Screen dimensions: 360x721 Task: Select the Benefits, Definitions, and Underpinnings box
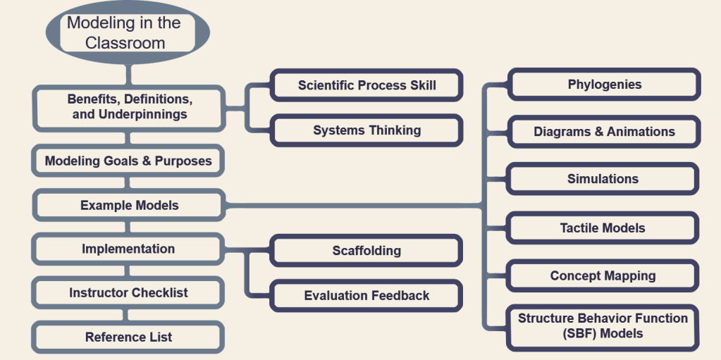point(129,106)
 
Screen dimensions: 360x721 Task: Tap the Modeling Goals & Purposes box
point(128,161)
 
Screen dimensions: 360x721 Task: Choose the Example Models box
point(129,206)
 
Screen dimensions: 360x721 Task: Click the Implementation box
point(128,249)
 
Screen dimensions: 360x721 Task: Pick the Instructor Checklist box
point(128,292)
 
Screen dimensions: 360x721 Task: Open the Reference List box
point(128,337)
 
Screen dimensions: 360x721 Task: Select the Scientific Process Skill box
point(366,85)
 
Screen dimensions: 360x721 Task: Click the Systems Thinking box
point(366,130)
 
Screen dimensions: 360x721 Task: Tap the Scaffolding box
point(366,251)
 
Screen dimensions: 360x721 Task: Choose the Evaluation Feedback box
point(366,295)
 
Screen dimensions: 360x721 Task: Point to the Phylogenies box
point(604,85)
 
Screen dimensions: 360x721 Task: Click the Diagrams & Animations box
point(604,132)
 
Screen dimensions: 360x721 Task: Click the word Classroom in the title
point(125,43)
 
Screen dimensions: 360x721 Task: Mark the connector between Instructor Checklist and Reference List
point(128,314)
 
